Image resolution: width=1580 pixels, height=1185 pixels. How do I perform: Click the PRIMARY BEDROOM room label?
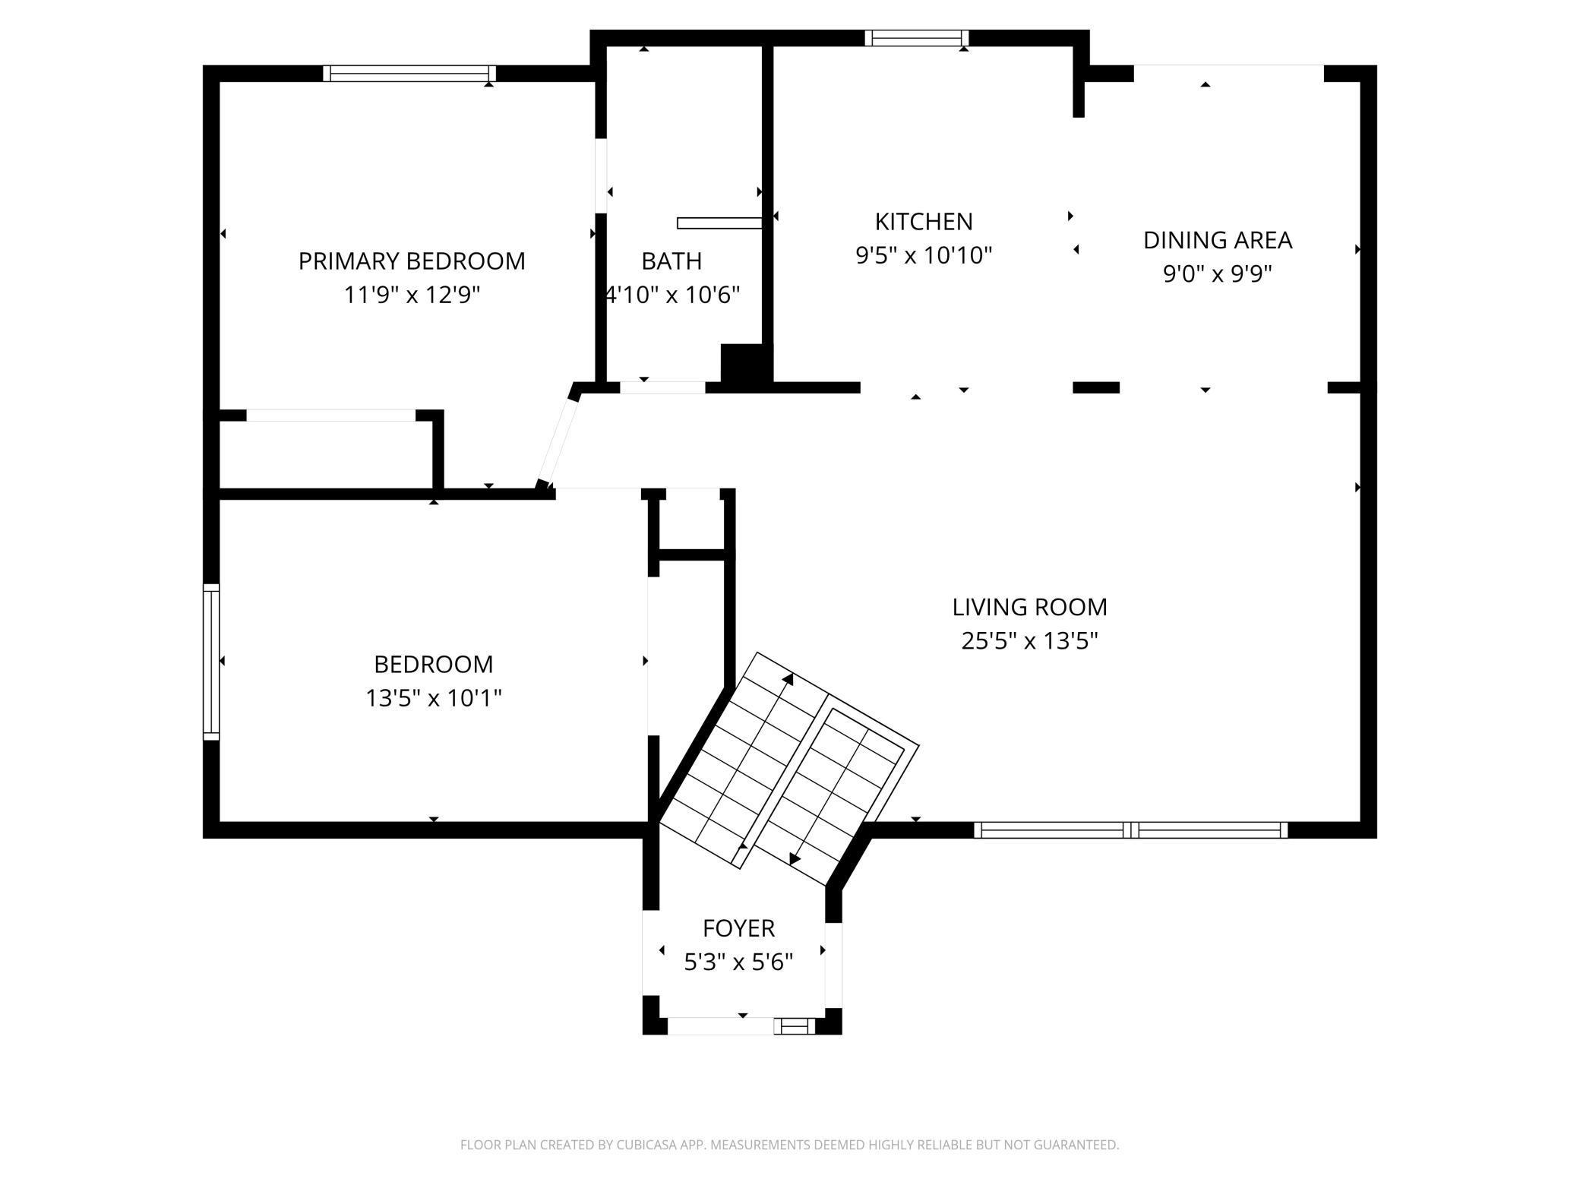(412, 261)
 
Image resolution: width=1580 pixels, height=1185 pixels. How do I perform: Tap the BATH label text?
(671, 261)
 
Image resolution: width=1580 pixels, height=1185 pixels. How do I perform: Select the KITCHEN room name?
(924, 222)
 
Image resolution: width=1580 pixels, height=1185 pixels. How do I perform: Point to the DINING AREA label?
(1218, 240)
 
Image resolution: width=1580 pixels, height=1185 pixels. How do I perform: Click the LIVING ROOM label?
(1030, 607)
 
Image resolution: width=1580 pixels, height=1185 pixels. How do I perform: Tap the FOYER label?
(738, 928)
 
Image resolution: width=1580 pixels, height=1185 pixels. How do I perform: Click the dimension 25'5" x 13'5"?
(1030, 641)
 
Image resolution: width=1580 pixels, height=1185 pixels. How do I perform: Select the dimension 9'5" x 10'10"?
(924, 255)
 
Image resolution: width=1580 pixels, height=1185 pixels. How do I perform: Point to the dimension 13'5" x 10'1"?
(434, 697)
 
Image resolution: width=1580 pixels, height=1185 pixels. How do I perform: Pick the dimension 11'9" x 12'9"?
(412, 295)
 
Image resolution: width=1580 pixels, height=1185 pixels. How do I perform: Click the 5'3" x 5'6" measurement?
(738, 962)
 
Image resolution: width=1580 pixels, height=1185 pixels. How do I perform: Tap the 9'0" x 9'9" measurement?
(1218, 273)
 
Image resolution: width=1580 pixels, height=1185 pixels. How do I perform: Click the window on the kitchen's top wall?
(917, 38)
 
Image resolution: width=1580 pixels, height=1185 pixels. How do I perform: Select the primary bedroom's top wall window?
(409, 74)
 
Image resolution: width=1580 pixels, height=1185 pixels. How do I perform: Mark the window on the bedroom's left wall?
(211, 662)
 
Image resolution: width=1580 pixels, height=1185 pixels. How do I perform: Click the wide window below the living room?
(1131, 830)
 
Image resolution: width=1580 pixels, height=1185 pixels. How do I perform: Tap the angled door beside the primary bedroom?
(558, 437)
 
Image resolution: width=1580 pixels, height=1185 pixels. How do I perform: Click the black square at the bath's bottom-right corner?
(746, 368)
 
